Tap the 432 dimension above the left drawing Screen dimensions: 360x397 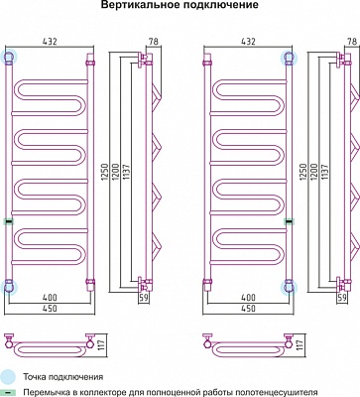50,42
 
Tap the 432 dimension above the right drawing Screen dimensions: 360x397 248,42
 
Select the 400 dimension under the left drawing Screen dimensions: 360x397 50,297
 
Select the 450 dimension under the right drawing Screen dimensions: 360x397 248,308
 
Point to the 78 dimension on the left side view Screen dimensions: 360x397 154,42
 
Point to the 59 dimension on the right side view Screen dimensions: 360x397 342,298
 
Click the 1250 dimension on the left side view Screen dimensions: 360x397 105,172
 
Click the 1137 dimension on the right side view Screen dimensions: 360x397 324,172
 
